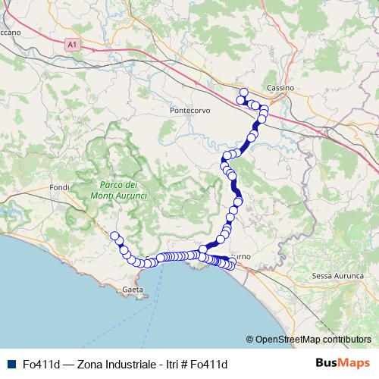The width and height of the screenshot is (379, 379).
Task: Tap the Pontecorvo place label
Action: click(x=190, y=110)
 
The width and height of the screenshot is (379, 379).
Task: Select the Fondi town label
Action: click(x=58, y=187)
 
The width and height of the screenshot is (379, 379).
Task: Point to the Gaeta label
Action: click(x=133, y=290)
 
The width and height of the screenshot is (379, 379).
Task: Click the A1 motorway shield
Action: click(x=72, y=45)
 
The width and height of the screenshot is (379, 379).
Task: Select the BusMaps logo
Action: click(x=343, y=363)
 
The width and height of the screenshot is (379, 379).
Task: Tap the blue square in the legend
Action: click(x=10, y=364)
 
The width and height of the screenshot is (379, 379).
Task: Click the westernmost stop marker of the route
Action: click(x=115, y=236)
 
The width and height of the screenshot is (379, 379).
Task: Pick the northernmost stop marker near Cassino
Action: click(x=243, y=92)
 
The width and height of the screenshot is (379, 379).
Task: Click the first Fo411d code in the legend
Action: click(x=42, y=364)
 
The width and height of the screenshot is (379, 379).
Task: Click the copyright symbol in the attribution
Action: click(x=250, y=340)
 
